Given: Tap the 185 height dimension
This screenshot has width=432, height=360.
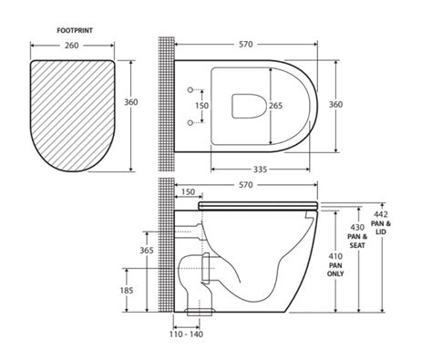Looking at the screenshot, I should pyautogui.click(x=127, y=290).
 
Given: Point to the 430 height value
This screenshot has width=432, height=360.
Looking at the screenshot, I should pyautogui.click(x=356, y=227).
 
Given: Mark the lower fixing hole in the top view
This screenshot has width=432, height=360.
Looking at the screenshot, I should pyautogui.click(x=190, y=121).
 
